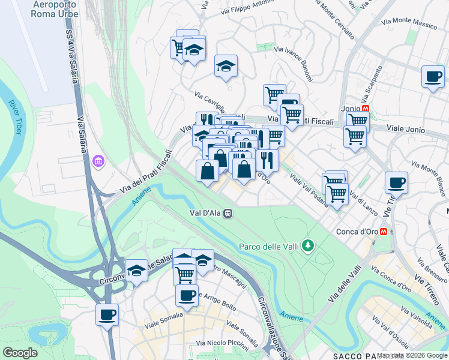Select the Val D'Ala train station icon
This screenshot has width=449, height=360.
point(228,212)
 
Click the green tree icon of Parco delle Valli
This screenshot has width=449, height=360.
point(308,245)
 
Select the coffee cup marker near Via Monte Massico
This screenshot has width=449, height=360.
point(432,77)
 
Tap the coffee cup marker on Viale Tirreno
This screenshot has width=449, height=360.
point(396,182)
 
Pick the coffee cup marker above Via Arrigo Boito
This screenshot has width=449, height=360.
point(187,295)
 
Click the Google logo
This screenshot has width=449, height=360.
point(20,353)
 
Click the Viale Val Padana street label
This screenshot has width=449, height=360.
point(309,191)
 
